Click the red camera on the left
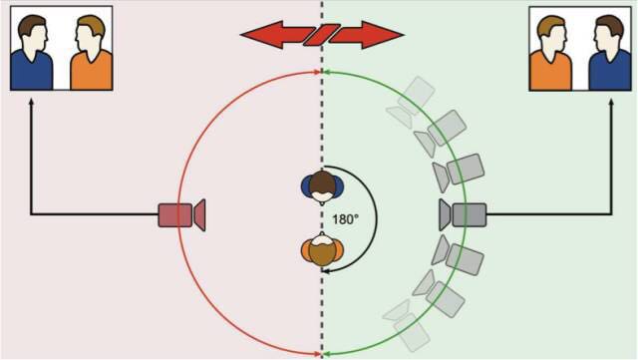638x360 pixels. click(181, 215)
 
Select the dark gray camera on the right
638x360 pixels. click(463, 214)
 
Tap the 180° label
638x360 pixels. click(346, 219)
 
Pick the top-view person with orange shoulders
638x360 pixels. click(323, 249)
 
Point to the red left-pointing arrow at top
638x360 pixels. click(276, 35)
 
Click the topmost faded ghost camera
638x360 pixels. click(411, 101)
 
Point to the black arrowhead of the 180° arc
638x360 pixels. click(325, 270)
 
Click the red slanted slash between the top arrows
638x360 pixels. click(322, 35)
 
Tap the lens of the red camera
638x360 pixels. click(199, 215)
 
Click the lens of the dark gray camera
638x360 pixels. click(446, 214)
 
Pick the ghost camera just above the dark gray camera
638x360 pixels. click(459, 172)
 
